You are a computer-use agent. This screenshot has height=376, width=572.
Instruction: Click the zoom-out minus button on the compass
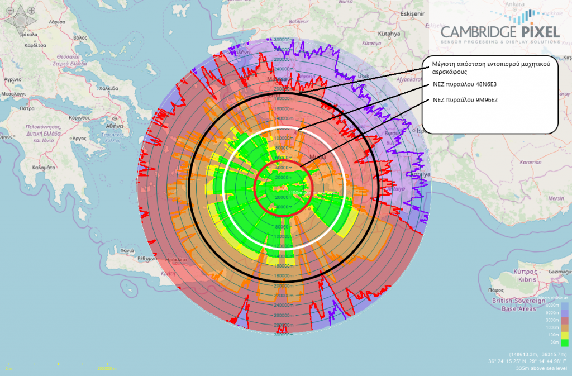click(x=11, y=10)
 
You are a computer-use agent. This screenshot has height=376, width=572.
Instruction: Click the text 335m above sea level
click(x=542, y=369)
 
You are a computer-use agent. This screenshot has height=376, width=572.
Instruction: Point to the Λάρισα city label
click(x=58, y=22)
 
